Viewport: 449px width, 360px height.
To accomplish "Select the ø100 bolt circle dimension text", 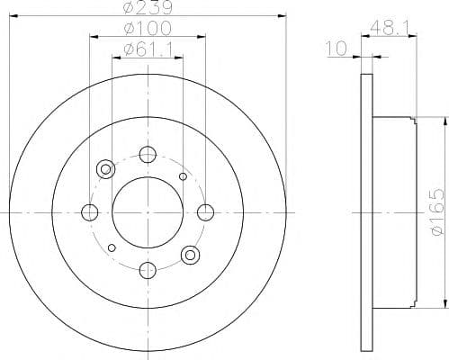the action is (148, 28).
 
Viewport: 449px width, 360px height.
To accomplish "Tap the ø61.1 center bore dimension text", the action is (148, 49).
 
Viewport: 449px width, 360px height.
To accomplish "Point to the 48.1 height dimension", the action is (390, 29).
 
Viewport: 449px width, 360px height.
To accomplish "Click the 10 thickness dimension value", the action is (337, 49).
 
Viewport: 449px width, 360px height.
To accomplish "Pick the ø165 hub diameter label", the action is (436, 211).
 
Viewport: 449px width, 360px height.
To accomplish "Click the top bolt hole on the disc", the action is (148, 155).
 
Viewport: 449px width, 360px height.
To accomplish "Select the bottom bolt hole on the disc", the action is (148, 270).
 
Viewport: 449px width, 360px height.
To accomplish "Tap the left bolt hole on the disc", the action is (89, 212).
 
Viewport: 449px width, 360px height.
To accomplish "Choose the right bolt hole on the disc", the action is (205, 212).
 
